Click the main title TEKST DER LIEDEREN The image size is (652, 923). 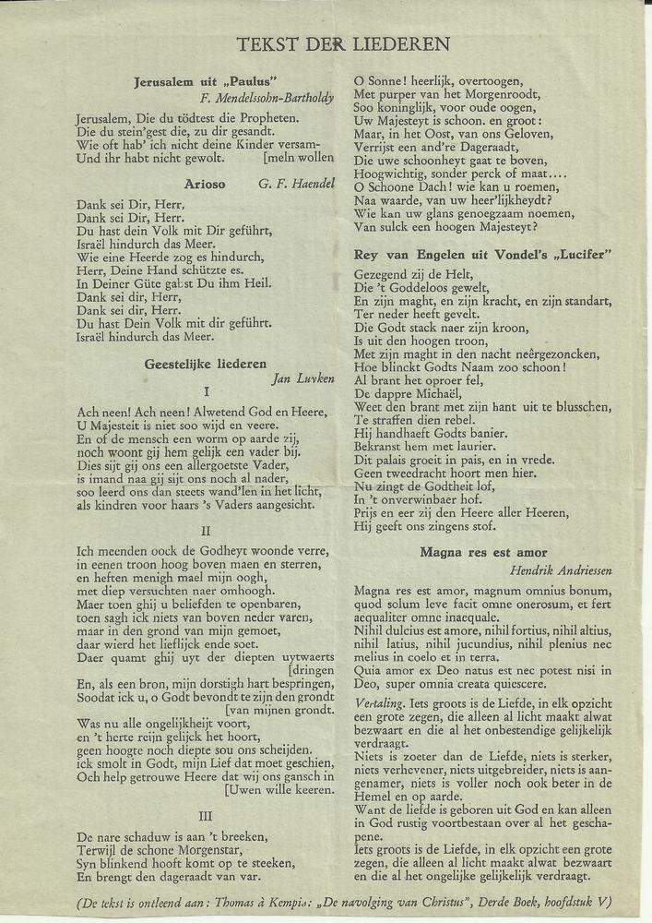(x=344, y=44)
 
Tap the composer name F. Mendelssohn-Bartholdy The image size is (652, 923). (x=267, y=97)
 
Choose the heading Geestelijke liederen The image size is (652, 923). (x=206, y=364)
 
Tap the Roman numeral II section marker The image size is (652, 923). (x=206, y=530)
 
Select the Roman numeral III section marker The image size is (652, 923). (x=206, y=815)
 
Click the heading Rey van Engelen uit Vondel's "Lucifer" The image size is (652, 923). (x=484, y=255)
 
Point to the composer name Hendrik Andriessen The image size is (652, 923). (x=561, y=569)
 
